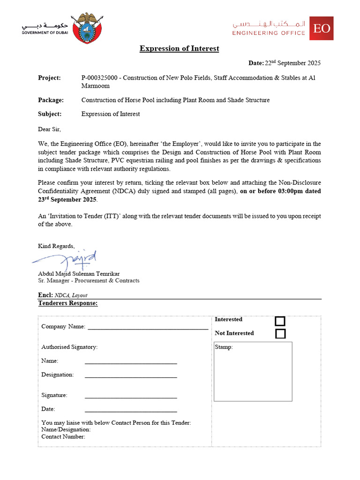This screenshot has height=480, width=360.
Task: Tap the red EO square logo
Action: point(322,28)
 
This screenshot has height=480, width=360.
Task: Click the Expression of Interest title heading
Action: point(179,48)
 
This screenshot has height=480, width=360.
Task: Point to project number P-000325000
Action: point(102,78)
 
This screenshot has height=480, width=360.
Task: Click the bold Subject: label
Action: point(50,114)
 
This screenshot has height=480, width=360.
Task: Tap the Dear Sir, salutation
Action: point(49,129)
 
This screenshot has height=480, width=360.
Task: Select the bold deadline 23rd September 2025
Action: point(68,200)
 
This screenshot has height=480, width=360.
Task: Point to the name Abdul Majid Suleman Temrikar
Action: point(79,274)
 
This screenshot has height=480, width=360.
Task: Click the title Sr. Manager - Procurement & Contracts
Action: point(89,281)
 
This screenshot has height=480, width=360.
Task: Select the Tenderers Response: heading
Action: point(68,303)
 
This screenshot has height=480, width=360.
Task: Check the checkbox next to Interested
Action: point(280,321)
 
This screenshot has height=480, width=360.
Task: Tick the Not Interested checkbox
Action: point(280,334)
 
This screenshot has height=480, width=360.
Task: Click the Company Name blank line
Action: point(148,328)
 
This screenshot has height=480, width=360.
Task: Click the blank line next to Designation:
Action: point(131,376)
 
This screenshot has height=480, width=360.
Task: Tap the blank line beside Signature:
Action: point(131,397)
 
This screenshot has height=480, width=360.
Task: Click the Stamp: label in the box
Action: point(224,347)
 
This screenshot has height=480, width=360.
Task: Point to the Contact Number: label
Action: point(63,437)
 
